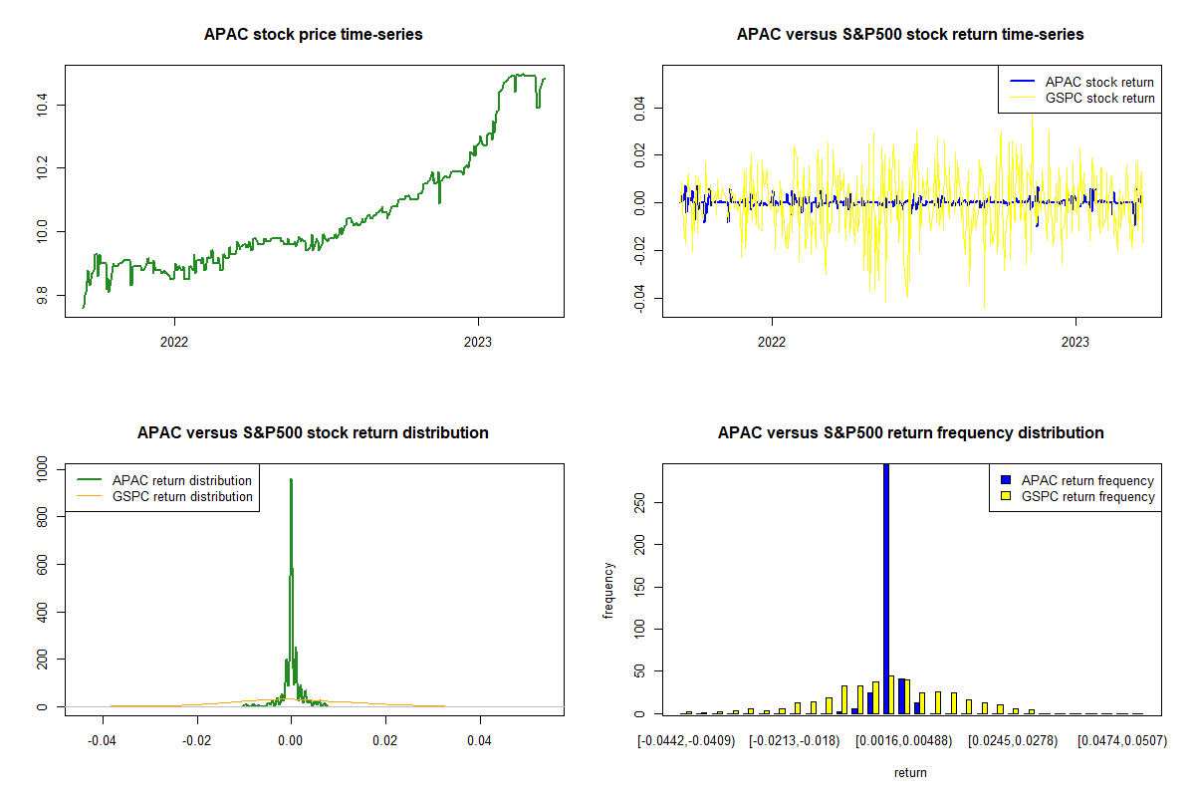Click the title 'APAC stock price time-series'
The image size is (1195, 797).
pyautogui.click(x=313, y=35)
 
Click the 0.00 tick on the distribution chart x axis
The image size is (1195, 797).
pyautogui.click(x=291, y=741)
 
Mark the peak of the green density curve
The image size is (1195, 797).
pyautogui.click(x=291, y=479)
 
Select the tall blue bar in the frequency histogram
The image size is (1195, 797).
pyautogui.click(x=886, y=588)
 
